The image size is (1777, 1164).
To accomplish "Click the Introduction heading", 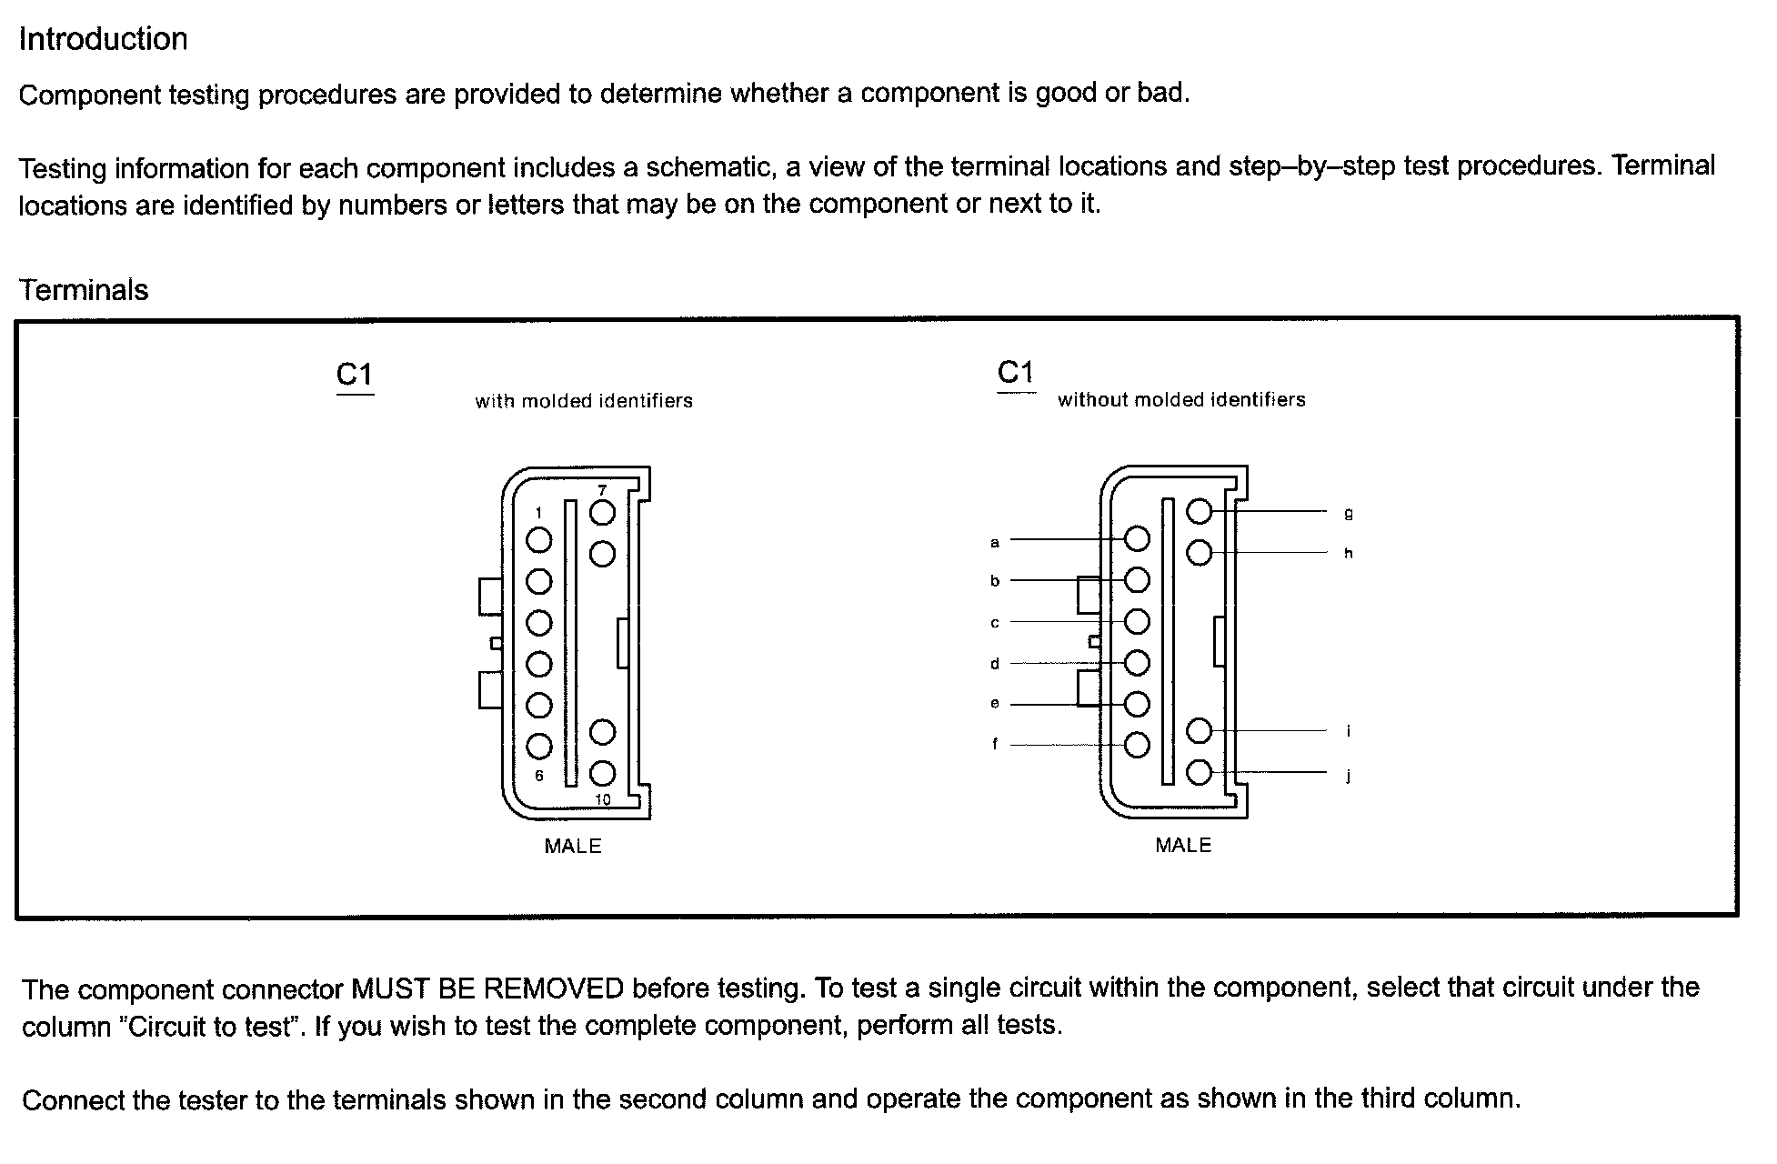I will [103, 39].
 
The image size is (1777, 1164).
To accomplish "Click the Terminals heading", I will [83, 290].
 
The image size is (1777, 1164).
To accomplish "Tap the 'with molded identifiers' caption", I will [583, 401].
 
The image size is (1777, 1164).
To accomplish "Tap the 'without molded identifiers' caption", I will [1180, 400].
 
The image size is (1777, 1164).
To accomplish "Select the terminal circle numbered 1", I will [539, 540].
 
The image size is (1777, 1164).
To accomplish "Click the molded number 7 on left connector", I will [602, 491].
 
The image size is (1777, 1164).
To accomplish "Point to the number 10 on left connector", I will [603, 800].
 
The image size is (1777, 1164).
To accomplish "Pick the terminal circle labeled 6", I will [539, 747].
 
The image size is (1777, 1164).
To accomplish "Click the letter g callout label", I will [1348, 514].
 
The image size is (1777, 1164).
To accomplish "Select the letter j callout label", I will [1348, 776].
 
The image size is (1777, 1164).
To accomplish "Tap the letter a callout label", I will [995, 543].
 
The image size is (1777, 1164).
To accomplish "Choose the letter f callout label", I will [995, 744].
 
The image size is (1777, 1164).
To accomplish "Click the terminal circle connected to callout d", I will [1137, 663].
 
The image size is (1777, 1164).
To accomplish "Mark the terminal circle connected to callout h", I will [1200, 552].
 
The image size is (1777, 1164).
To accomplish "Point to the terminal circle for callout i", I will [1200, 730].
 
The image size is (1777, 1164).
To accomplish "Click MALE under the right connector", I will [1183, 846].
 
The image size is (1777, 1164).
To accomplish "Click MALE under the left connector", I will [573, 847].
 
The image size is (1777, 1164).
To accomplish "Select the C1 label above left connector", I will [355, 375].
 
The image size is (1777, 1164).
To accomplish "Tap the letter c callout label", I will [995, 623].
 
